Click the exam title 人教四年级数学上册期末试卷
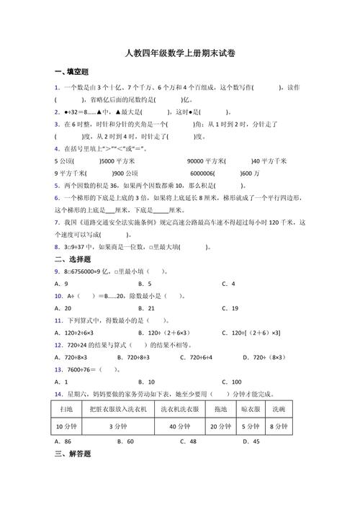click(179, 53)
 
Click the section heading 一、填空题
click(71, 72)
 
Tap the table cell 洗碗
click(279, 409)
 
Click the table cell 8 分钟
click(279, 426)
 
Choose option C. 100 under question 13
click(232, 382)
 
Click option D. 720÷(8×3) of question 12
click(267, 357)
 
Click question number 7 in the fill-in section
click(56, 222)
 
